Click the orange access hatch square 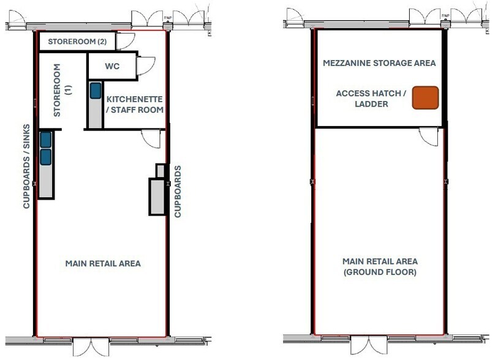(425, 98)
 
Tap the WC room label (112, 66)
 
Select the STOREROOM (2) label (77, 42)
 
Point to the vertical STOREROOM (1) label (62, 90)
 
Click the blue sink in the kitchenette (96, 91)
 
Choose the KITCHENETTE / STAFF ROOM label (135, 105)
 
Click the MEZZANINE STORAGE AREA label (379, 63)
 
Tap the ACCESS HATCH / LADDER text (371, 99)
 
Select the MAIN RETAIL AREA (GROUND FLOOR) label (380, 267)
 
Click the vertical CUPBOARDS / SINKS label (26, 167)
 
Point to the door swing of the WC (146, 66)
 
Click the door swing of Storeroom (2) (126, 40)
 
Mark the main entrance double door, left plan (91, 347)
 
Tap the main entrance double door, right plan (369, 345)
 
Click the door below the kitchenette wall (151, 138)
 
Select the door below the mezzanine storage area (429, 137)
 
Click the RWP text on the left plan (168, 18)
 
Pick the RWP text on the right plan (445, 15)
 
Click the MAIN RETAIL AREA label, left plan (103, 263)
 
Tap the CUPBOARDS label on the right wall (178, 192)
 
